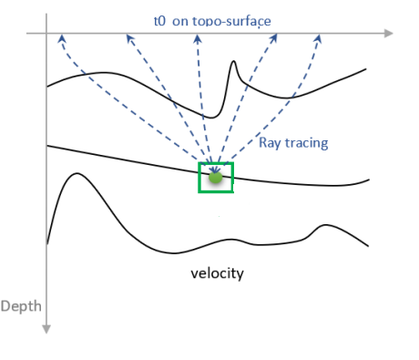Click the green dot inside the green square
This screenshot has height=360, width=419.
click(x=215, y=178)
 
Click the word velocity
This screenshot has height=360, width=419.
click(x=217, y=273)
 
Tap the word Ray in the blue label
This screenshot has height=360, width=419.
click(x=271, y=143)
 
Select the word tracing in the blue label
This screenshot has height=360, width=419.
click(x=307, y=144)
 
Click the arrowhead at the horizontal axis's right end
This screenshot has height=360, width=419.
click(x=389, y=35)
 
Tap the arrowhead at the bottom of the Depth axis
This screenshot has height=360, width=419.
click(x=46, y=327)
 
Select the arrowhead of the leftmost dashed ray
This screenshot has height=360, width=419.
click(x=61, y=38)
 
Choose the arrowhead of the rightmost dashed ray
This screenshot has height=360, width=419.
click(x=319, y=38)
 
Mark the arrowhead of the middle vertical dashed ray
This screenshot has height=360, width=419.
click(x=198, y=38)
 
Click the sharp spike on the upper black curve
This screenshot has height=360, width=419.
click(x=234, y=64)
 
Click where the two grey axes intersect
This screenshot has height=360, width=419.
click(x=46, y=35)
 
